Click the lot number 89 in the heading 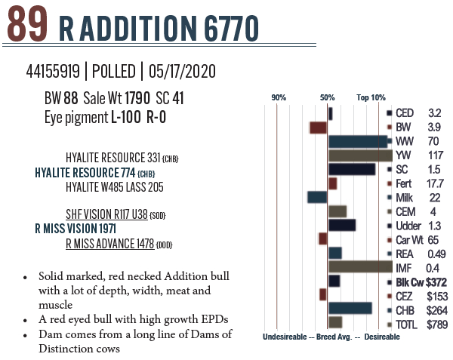coord(28,26)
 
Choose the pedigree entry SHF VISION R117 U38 coord(106,215)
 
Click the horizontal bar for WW coord(358,141)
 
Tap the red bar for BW coord(318,128)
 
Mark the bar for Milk coord(317,197)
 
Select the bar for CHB coord(350,308)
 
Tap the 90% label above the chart coord(279,98)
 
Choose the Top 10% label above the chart coord(371,98)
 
